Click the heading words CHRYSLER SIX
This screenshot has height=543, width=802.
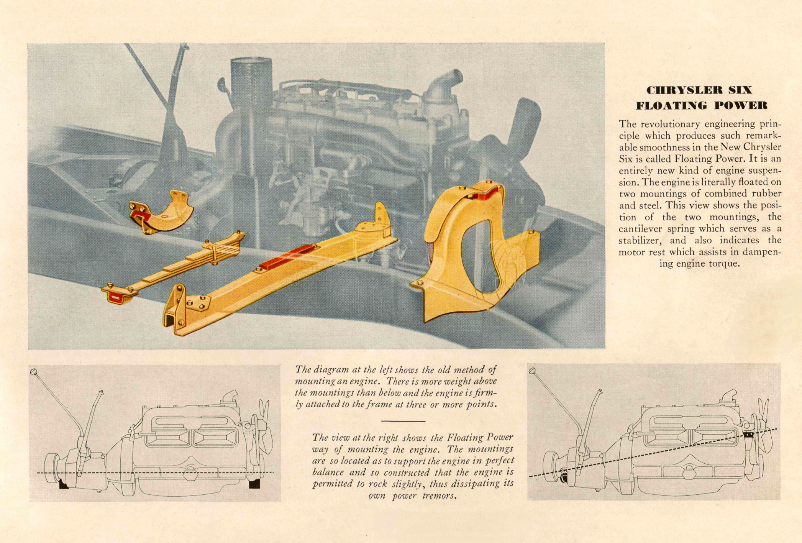[699, 90]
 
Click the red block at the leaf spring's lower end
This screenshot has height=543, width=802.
[115, 296]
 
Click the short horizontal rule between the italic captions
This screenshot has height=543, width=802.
[403, 421]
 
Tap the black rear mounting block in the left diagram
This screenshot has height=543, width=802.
[63, 485]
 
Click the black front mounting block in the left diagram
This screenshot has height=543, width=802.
[254, 484]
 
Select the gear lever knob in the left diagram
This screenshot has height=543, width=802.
[33, 371]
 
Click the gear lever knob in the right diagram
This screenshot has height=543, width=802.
[532, 371]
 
